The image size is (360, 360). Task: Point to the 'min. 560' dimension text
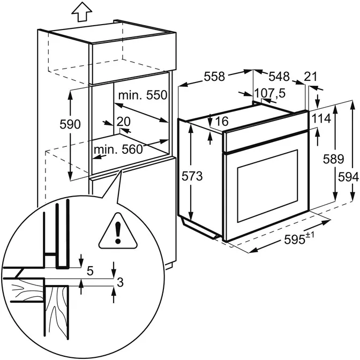coord(119,149)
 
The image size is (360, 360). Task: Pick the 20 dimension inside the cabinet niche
coord(124,121)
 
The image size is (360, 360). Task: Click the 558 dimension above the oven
coord(214,77)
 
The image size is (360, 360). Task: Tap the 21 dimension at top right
coord(311,77)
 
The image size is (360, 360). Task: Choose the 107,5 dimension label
coord(270,93)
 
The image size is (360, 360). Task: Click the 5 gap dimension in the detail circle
coord(89,272)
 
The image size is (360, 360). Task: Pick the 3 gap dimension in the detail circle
coord(120,281)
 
